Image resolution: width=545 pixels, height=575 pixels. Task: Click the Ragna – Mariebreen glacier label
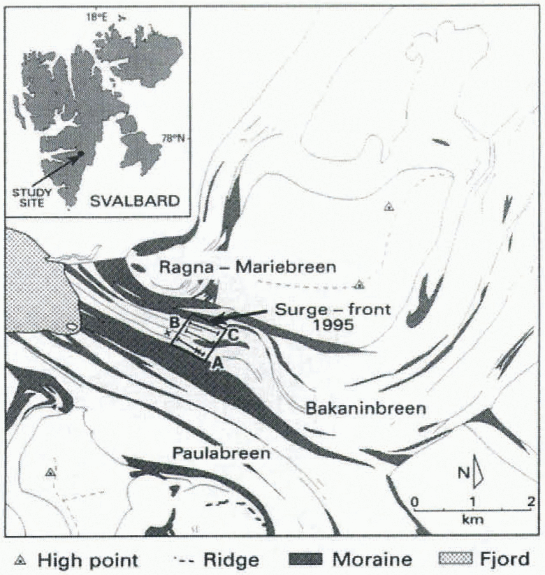pyautogui.click(x=248, y=267)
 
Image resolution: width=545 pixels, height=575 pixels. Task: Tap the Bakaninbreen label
pyautogui.click(x=366, y=408)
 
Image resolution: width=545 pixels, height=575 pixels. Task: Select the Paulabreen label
pyautogui.click(x=221, y=453)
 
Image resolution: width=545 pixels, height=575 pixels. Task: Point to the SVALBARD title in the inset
pyautogui.click(x=135, y=201)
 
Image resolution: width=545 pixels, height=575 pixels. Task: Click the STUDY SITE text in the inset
pyautogui.click(x=32, y=197)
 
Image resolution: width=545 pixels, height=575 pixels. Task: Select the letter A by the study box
pyautogui.click(x=218, y=364)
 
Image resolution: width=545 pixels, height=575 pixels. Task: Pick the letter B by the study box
pyautogui.click(x=174, y=322)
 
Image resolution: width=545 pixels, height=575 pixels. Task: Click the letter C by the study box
pyautogui.click(x=232, y=335)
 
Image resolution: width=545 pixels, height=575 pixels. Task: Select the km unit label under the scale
pyautogui.click(x=473, y=519)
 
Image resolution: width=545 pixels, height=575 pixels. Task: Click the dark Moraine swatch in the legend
pyautogui.click(x=306, y=560)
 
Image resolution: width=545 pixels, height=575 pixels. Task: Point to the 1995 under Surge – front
pyautogui.click(x=333, y=324)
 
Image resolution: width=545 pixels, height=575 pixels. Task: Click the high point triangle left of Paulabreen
pyautogui.click(x=49, y=473)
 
